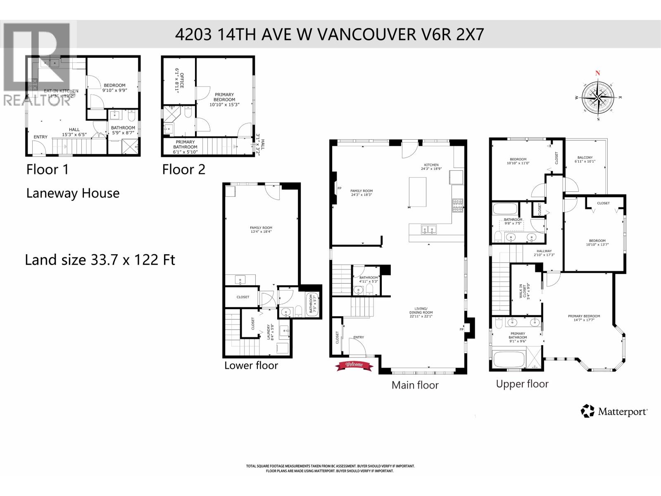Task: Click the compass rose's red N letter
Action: click(x=597, y=73)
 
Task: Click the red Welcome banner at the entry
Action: click(x=354, y=365)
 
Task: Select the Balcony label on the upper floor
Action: click(x=585, y=160)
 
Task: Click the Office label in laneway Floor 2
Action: click(x=179, y=81)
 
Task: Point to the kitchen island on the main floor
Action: click(x=418, y=191)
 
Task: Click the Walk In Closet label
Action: click(x=523, y=291)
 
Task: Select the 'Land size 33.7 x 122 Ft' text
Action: click(x=100, y=260)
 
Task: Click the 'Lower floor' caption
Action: click(x=251, y=365)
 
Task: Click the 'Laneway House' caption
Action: click(x=73, y=193)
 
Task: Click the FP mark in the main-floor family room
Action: click(x=339, y=188)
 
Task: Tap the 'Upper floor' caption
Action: click(x=522, y=384)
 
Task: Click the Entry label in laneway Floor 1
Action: click(x=40, y=137)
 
